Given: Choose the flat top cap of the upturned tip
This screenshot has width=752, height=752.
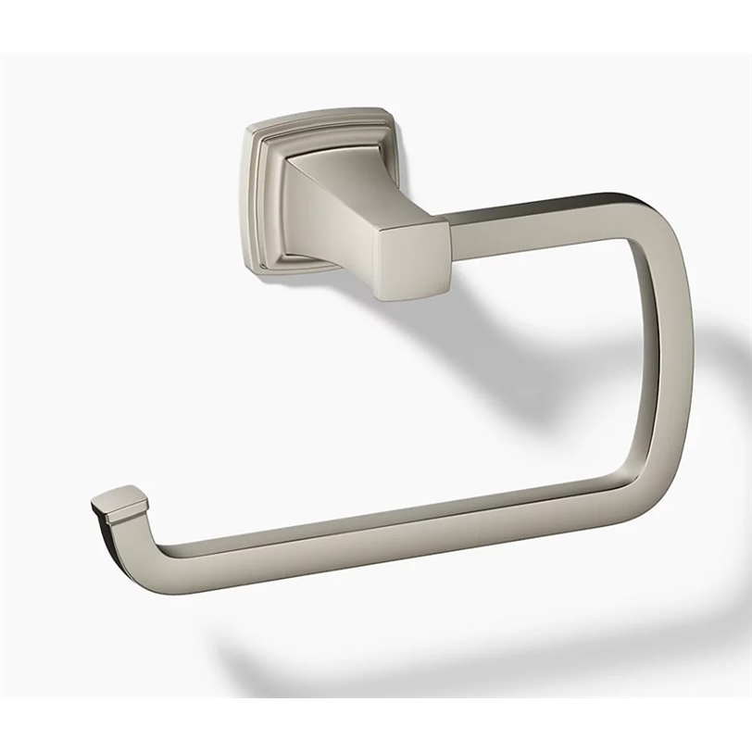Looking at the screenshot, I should [x=120, y=500].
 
